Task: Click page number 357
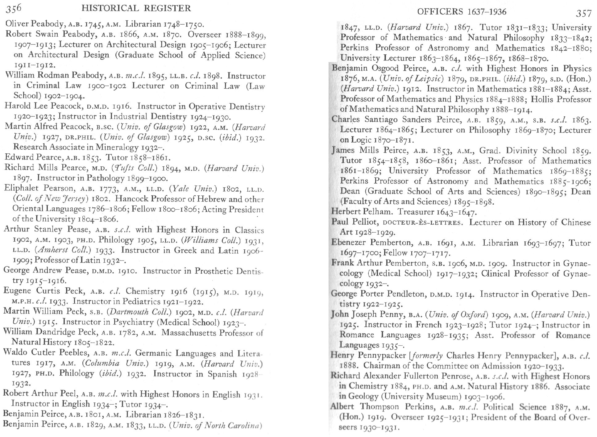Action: coord(583,13)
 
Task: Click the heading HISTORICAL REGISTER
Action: coord(136,8)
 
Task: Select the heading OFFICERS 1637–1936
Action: coord(462,12)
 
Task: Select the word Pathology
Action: coord(105,178)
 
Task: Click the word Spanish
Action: coord(222,374)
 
